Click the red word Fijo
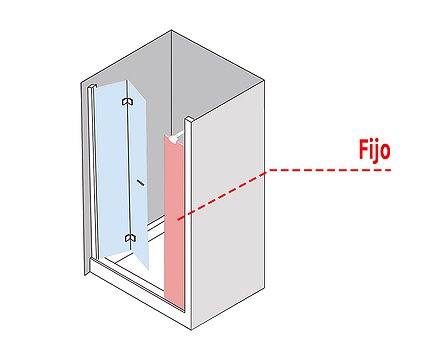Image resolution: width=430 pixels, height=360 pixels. click(374, 150)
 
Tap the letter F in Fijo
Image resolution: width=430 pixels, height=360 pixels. click(364, 149)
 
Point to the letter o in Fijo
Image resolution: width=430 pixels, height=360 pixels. click(385, 152)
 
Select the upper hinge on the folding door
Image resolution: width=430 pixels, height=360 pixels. click(128, 101)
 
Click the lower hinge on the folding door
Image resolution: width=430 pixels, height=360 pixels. click(130, 238)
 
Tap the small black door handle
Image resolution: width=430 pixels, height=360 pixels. click(140, 182)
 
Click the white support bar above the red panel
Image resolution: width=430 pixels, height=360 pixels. click(177, 137)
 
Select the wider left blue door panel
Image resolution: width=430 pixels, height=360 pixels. click(112, 170)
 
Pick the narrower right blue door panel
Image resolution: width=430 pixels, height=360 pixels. click(137, 173)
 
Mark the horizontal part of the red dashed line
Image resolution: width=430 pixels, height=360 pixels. click(329, 170)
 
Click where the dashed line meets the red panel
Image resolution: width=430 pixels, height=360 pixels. click(178, 219)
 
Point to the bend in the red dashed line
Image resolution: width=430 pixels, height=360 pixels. click(268, 170)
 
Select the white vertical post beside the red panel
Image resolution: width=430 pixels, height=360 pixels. click(188, 217)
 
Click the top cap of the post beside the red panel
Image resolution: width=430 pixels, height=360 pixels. click(188, 119)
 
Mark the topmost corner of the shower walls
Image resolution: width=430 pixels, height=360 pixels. click(172, 31)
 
